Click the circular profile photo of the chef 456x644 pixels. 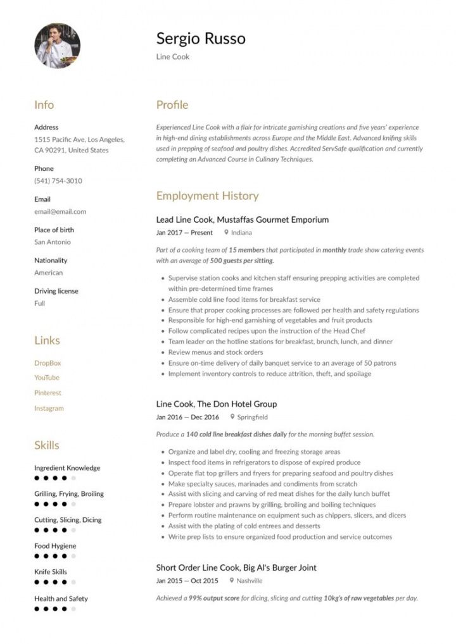(x=57, y=46)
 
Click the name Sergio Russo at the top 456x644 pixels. (x=201, y=39)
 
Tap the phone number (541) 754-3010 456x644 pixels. (x=58, y=181)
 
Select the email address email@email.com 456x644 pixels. (x=60, y=212)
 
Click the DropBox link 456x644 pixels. (x=47, y=363)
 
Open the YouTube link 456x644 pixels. (x=47, y=378)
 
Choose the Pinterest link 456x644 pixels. (x=47, y=393)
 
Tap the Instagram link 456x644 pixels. (x=49, y=408)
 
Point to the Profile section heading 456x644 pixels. (x=172, y=105)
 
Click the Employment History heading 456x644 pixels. (x=207, y=196)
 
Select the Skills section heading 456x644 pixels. (x=46, y=445)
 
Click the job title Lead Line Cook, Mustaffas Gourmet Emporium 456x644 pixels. (x=243, y=220)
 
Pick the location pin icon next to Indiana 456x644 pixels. (x=226, y=232)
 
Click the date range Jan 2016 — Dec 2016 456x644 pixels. (x=187, y=417)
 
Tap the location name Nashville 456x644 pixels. (x=250, y=581)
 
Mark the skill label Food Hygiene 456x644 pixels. (x=55, y=546)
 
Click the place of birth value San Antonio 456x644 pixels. (x=53, y=242)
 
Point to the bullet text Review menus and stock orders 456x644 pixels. (x=215, y=352)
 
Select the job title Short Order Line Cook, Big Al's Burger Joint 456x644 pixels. (x=236, y=567)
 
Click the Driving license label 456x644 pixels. (x=56, y=291)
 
